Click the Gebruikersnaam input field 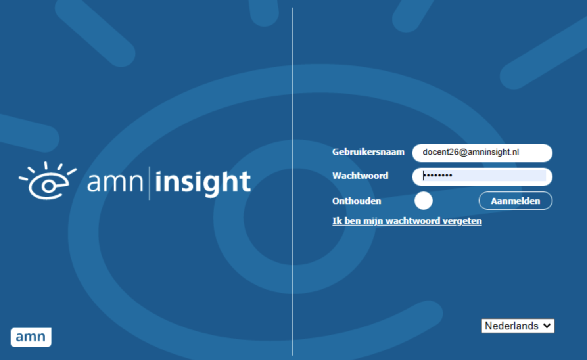482,153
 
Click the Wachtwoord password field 482,176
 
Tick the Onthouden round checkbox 423,201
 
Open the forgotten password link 407,221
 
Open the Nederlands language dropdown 518,326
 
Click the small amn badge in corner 31,337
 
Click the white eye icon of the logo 48,180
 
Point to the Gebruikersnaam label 368,152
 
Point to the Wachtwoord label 360,176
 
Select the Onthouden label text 357,201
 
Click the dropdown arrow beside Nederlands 547,326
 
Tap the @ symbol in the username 463,152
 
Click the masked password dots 437,176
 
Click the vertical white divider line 292,182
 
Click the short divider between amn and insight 150,183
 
